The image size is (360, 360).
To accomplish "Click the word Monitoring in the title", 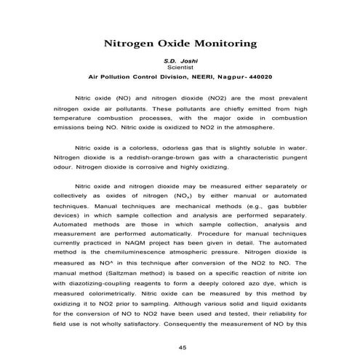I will pos(220,44).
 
